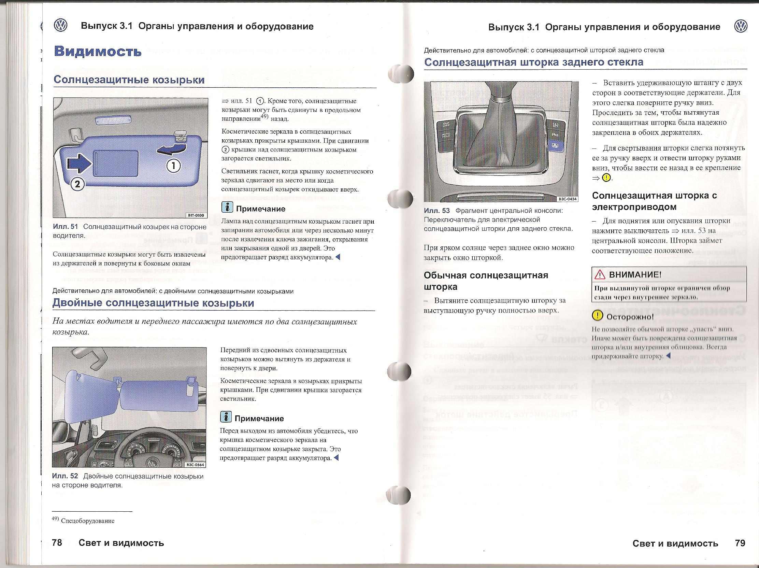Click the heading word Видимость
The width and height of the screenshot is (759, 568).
[98, 52]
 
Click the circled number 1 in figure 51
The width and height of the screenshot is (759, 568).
[174, 166]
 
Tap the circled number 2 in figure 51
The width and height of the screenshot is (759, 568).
[77, 184]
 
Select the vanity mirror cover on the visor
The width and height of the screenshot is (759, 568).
[116, 164]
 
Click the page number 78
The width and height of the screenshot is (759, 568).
[57, 543]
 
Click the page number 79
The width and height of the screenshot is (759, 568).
[740, 543]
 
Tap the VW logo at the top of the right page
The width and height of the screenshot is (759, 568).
[741, 27]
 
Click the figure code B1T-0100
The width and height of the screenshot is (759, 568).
[196, 215]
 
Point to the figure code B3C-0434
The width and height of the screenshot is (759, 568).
[568, 199]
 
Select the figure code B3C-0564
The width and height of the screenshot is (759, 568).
[195, 465]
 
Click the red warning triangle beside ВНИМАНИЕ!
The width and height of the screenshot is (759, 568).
[600, 274]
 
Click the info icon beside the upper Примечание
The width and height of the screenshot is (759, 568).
[227, 207]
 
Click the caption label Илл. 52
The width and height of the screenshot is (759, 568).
[65, 476]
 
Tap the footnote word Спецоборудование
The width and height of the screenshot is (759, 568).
[87, 521]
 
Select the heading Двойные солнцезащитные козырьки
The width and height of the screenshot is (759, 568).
[153, 303]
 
